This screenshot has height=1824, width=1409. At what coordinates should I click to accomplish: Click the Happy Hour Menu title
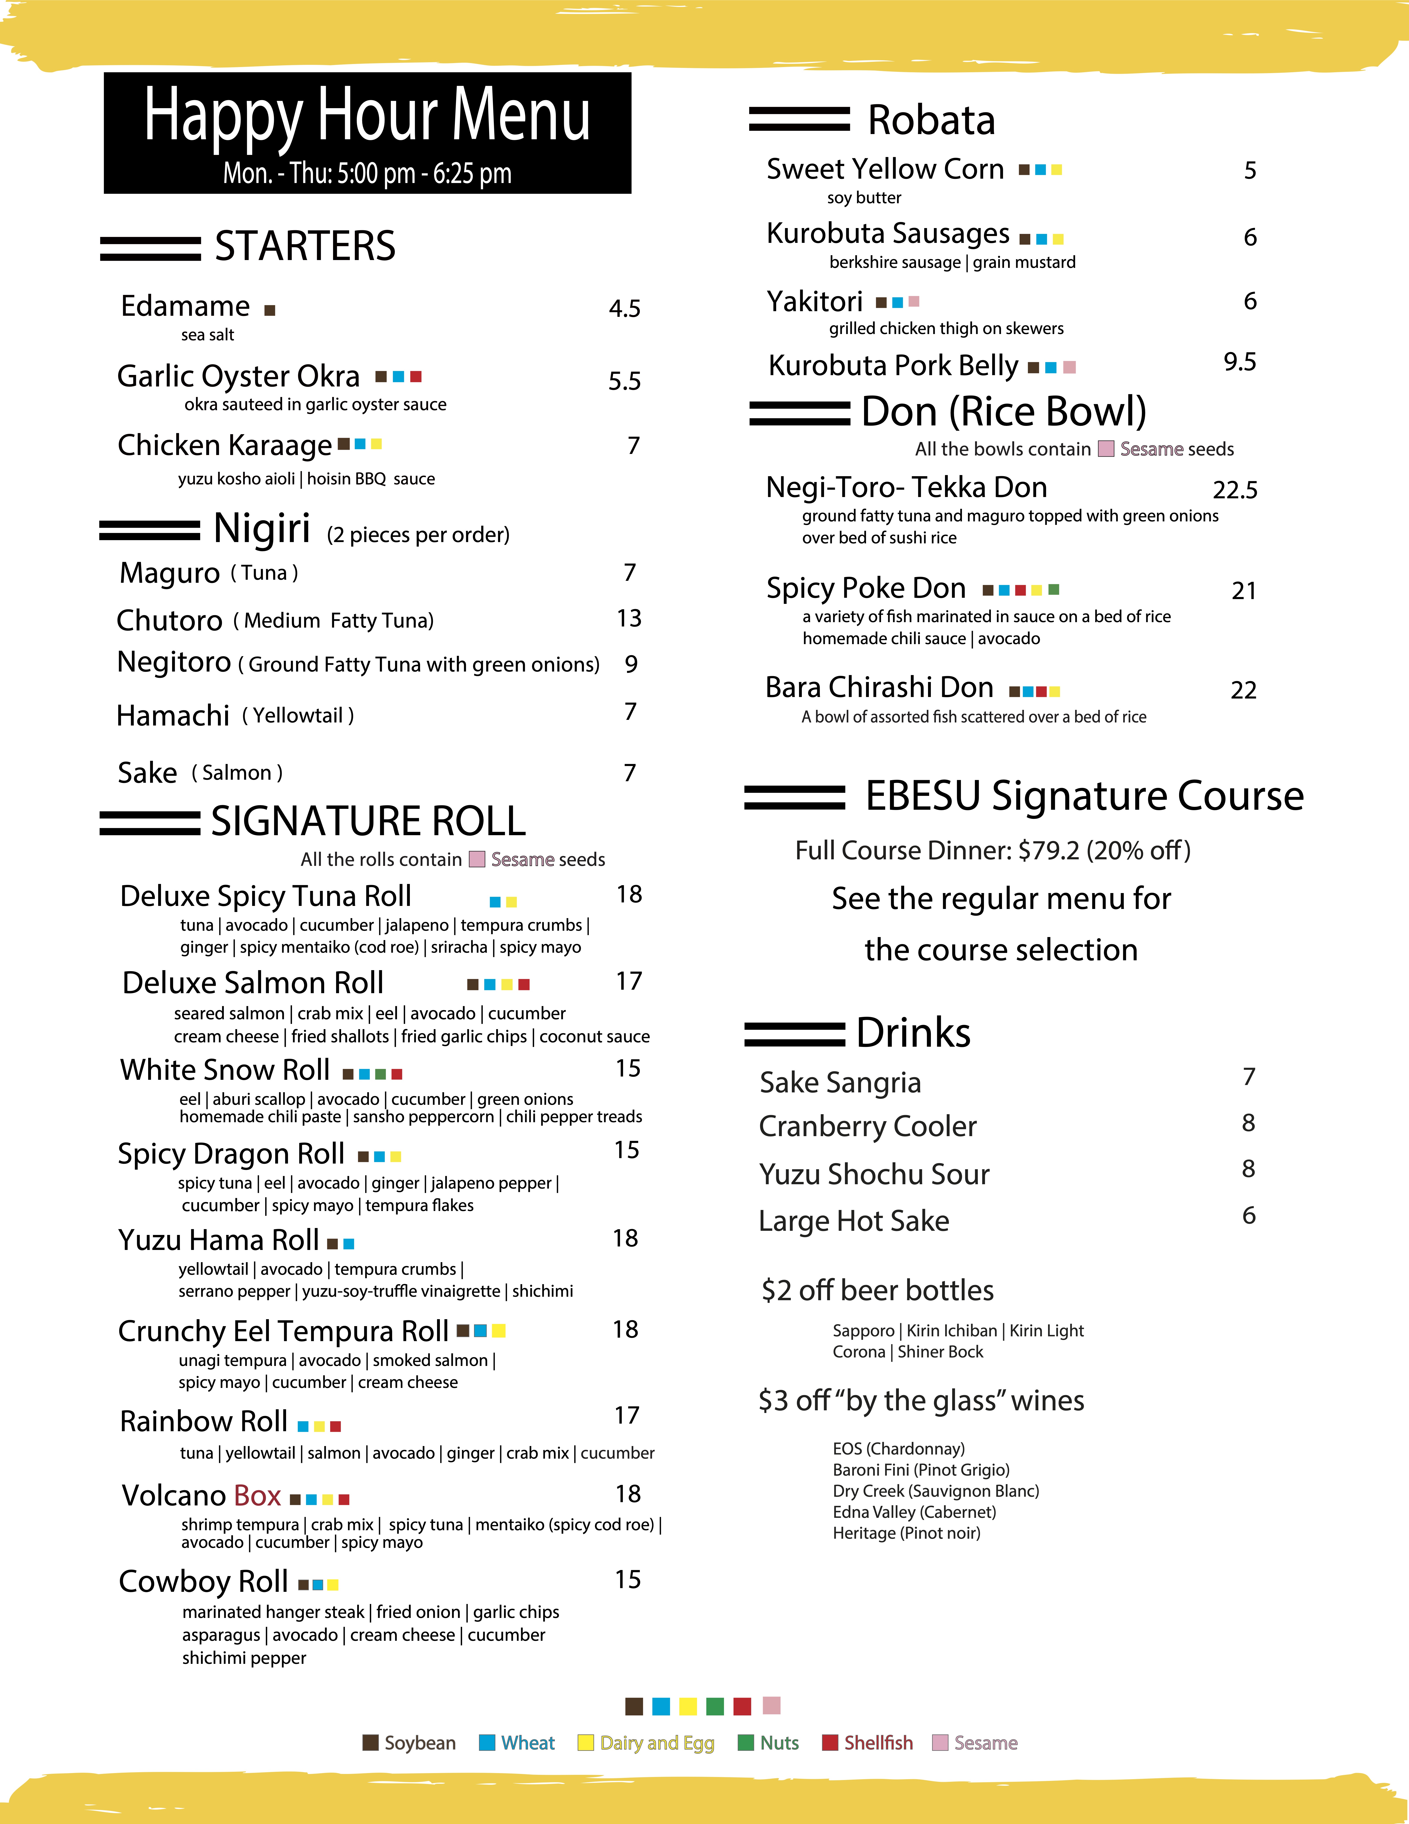click(367, 117)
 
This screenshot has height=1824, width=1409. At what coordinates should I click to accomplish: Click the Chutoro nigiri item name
click(169, 621)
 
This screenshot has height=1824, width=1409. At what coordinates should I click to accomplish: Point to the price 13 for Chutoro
click(628, 618)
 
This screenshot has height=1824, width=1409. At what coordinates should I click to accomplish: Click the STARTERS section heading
click(305, 246)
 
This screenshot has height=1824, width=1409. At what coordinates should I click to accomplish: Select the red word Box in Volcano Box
click(257, 1495)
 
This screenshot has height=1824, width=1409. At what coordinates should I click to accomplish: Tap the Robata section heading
click(931, 120)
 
